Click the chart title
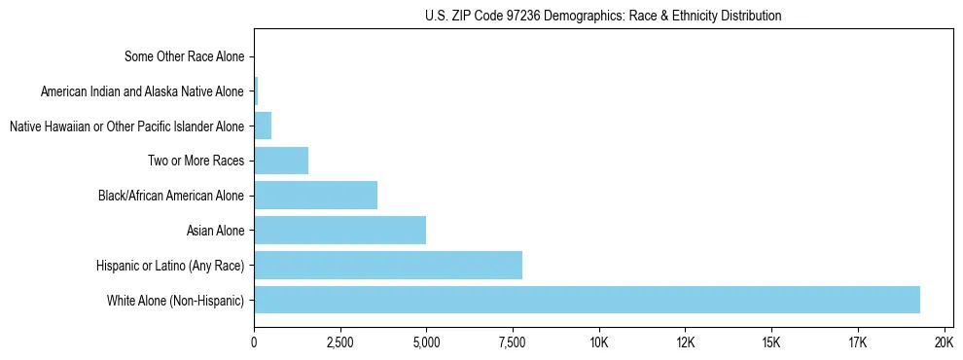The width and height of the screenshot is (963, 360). (603, 16)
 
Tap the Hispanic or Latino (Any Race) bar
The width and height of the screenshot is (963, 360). (388, 265)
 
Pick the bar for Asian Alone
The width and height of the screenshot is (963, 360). (339, 230)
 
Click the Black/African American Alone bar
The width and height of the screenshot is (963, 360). (315, 195)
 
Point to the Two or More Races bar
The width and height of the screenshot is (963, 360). (281, 161)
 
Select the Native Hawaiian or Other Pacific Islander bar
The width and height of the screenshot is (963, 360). (263, 126)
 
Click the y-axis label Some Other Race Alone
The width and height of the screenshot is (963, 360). (185, 56)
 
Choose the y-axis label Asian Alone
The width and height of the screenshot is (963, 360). (215, 231)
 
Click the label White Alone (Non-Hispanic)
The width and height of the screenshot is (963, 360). (175, 300)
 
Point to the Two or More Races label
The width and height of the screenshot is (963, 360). (196, 161)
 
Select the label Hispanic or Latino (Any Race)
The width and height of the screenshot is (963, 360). (170, 265)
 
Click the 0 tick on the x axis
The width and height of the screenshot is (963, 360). (254, 342)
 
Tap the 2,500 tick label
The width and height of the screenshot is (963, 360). (339, 342)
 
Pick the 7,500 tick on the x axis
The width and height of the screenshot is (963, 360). (513, 342)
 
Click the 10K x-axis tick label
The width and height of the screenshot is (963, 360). (598, 342)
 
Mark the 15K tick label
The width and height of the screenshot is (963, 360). (771, 342)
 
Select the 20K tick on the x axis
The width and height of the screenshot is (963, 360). (944, 342)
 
